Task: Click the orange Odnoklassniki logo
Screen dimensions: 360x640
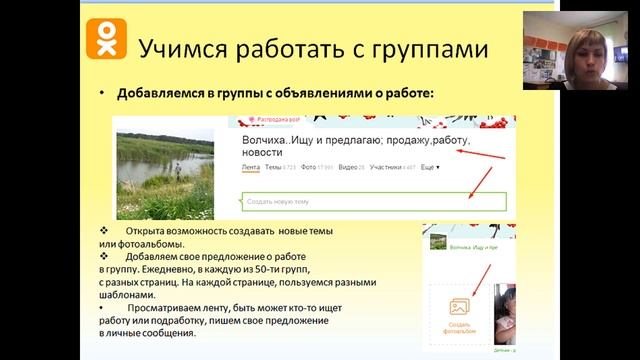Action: [x=104, y=39]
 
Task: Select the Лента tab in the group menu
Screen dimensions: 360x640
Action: [x=251, y=167]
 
